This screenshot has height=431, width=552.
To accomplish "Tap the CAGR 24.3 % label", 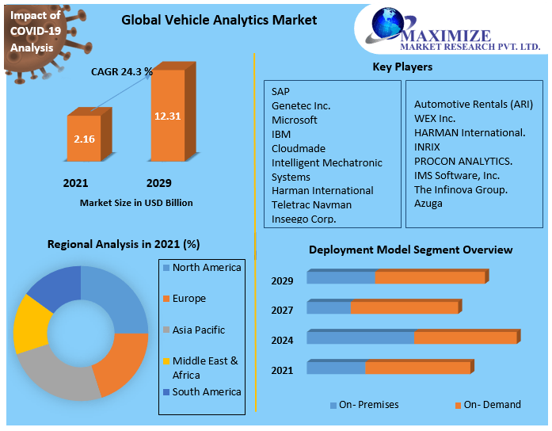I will pos(121,72).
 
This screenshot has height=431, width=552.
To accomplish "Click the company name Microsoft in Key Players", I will pos(295,120).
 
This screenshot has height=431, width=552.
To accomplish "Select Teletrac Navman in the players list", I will pos(311,204).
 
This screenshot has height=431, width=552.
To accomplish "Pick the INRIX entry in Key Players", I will pos(427,147).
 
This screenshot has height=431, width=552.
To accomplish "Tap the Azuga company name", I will pos(428,204).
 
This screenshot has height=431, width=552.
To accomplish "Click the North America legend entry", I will pos(206,268).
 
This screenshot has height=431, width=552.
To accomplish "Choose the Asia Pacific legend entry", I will pos(198,330).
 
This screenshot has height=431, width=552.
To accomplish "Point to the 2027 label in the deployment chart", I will pos(282,310).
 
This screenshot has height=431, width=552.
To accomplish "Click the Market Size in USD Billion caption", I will pos(136,203).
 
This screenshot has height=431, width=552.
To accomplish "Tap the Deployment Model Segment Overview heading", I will pos(410,250).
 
